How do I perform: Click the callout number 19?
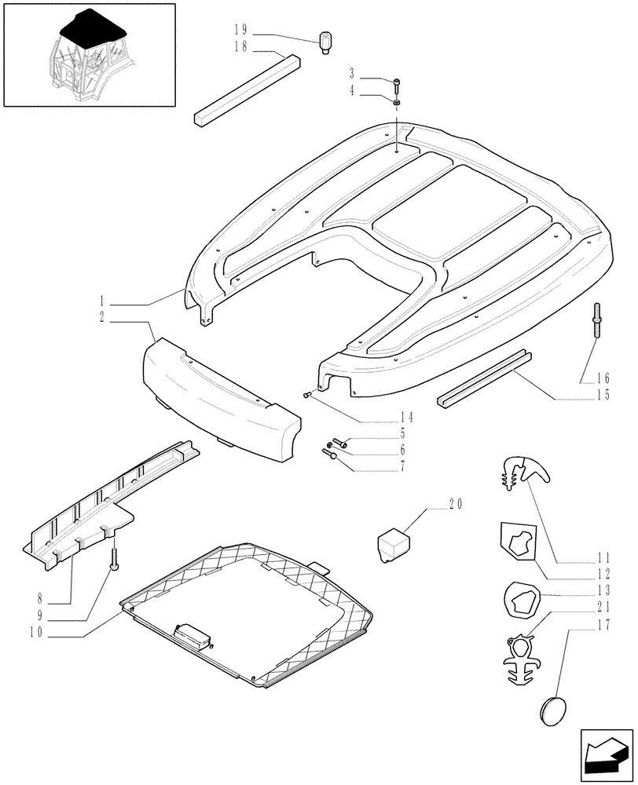click(240, 30)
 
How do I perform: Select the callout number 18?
click(240, 47)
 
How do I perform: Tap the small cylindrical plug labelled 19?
click(326, 40)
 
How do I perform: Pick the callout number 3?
click(354, 73)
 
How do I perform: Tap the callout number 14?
click(405, 417)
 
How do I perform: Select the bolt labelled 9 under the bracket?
click(115, 560)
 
